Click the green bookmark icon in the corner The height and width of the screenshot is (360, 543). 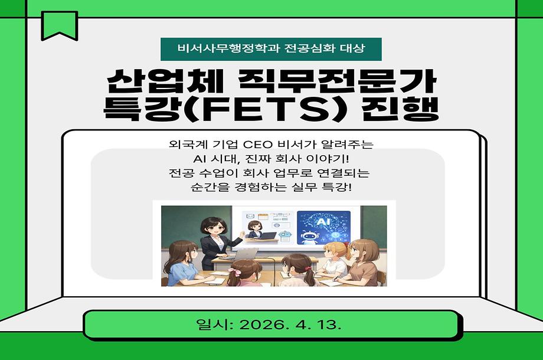click(x=59, y=25)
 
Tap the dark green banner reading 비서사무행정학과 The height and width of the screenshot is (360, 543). click(x=271, y=49)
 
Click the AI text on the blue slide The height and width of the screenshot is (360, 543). click(x=322, y=221)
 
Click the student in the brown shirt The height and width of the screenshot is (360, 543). click(x=361, y=266)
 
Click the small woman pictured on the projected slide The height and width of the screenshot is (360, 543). click(x=256, y=228)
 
